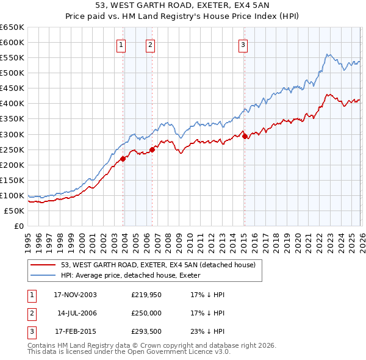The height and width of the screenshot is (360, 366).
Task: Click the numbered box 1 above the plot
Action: point(121,45)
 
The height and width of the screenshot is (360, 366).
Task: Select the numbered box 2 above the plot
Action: point(149,45)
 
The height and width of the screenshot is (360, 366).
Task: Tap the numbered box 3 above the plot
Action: point(243,45)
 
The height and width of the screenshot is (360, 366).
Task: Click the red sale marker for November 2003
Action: point(123,159)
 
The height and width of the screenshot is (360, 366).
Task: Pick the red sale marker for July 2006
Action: point(152,149)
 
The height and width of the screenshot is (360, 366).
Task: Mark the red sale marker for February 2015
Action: point(245,136)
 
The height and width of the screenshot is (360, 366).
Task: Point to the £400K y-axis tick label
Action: point(12,103)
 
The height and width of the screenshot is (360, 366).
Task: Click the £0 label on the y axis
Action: point(19,226)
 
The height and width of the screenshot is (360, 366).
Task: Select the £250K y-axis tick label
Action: point(12,149)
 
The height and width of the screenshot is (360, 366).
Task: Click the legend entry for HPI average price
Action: point(135,276)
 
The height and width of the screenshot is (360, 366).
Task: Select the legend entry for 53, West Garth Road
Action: point(162,265)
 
